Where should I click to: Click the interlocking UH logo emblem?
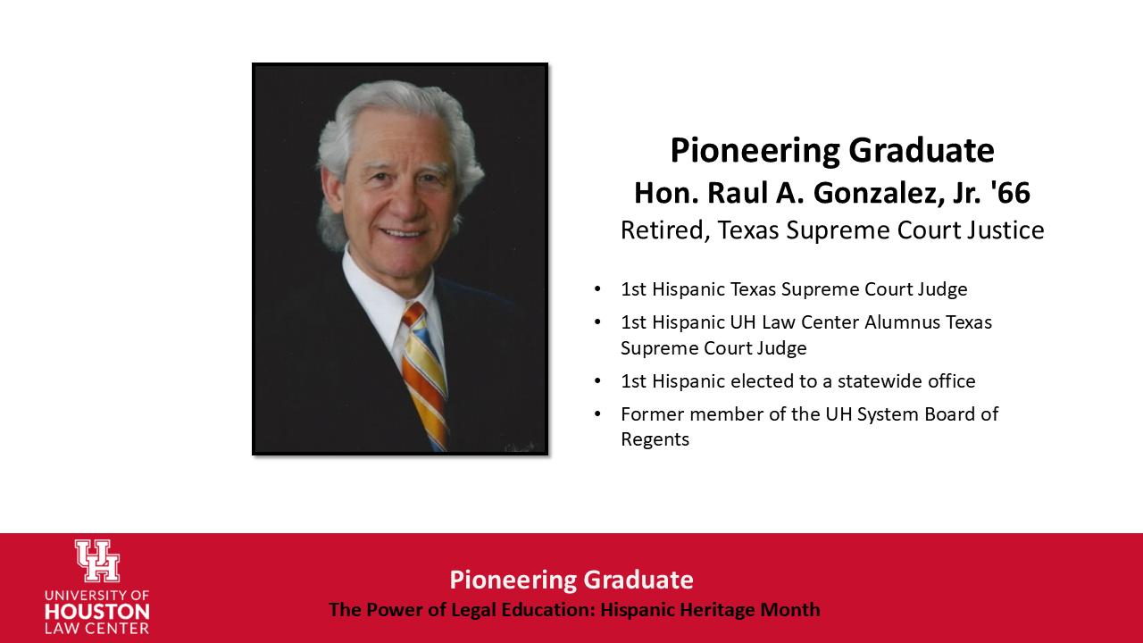point(96,561)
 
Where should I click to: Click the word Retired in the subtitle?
point(654,230)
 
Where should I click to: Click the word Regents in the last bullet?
point(655,439)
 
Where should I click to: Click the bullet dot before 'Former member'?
point(597,414)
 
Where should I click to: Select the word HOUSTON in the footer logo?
point(96,613)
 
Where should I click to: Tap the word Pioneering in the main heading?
point(755,150)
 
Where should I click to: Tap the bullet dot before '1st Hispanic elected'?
point(597,381)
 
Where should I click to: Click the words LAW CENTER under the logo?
point(96,629)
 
